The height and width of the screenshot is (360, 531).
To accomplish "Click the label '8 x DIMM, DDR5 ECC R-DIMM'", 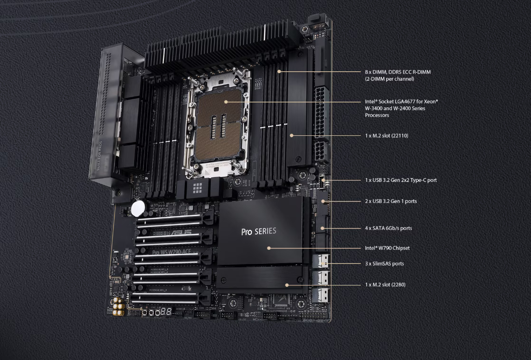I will click(x=398, y=72).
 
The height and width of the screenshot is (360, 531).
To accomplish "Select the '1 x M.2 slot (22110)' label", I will click(x=386, y=136).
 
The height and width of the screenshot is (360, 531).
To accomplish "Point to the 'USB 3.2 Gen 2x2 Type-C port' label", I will click(x=400, y=180).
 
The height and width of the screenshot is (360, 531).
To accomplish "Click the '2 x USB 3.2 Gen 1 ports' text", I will click(x=390, y=201).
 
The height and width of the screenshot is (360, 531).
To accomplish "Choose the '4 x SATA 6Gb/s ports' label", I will click(x=388, y=228).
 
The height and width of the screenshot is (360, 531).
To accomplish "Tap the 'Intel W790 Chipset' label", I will click(x=387, y=248).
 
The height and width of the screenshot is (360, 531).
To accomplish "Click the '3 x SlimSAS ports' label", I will click(x=384, y=264).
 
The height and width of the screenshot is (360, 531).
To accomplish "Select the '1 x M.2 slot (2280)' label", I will click(x=385, y=284).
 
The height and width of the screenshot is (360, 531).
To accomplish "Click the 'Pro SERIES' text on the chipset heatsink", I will click(x=258, y=232).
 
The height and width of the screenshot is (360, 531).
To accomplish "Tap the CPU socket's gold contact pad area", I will click(x=219, y=123).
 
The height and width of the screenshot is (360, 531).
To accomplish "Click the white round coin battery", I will click(x=138, y=207).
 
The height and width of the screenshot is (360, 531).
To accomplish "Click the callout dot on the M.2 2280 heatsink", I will click(x=287, y=285).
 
